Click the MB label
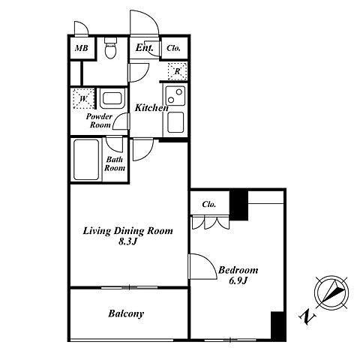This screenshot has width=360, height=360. pos(82,48)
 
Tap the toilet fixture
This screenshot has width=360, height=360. pos(110,48)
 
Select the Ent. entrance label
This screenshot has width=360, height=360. pos(144,47)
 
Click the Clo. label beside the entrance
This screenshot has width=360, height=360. pos(173,48)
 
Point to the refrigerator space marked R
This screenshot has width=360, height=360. pos(177,71)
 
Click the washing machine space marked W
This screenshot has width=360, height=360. pos(83,98)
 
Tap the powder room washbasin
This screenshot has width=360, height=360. pos(112,98)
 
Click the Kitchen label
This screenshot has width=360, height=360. pos(151,108)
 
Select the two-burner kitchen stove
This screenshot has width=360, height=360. pos(175,96)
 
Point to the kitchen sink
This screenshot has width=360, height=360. pos(175,122)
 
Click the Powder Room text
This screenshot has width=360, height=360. pos(99,121)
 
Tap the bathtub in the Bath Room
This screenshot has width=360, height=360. pos(86,160)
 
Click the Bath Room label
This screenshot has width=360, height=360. pos(115,163)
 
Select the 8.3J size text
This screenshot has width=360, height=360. pos(127,241)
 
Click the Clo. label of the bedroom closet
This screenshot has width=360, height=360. pos(209,204)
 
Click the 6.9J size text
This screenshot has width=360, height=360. pos(238,281)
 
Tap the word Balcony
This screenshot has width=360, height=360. pos(126,313)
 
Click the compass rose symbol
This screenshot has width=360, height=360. pos(331,292)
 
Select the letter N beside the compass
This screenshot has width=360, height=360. pos(307,317)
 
